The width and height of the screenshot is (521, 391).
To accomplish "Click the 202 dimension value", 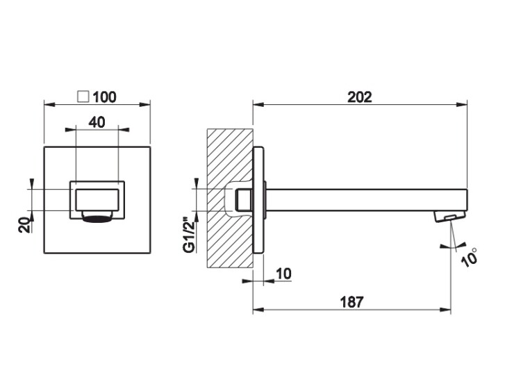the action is (360, 97).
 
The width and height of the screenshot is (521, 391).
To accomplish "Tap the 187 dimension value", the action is (352, 302).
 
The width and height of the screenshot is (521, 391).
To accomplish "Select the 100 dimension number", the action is (105, 97).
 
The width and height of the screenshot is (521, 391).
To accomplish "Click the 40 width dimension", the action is (97, 122).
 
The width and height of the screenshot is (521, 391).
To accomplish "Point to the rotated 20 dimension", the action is (25, 225).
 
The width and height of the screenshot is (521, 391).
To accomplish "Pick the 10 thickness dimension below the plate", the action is (283, 274).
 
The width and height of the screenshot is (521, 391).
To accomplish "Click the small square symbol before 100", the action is (83, 97).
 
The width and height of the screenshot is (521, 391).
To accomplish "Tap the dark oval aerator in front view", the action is (97, 219).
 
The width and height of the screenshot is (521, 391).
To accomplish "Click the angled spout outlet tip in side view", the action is (449, 217).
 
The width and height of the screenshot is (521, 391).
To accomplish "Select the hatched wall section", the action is (230, 198).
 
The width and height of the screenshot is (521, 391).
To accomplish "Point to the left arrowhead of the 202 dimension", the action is (258, 105).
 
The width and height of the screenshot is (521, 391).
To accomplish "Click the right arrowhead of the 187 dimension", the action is (445, 310).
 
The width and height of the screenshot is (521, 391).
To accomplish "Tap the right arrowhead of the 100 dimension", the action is (145, 105).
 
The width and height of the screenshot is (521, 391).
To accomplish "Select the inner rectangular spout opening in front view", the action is (97, 199).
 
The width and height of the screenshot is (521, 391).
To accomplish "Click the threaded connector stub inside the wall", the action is (244, 199).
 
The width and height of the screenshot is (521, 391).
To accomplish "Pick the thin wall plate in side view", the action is (258, 199).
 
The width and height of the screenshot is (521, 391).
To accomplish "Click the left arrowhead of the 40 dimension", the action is (70, 130).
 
